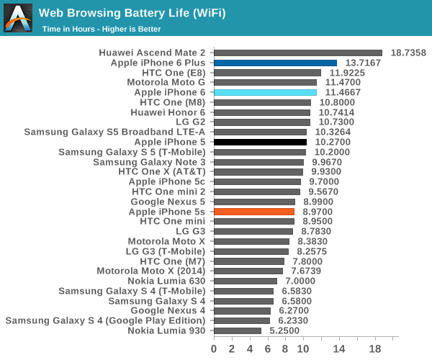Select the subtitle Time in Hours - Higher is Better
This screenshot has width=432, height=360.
tap(101, 30)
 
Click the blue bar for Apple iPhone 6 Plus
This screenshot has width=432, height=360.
tap(275, 63)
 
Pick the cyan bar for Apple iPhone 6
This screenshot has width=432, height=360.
tap(265, 92)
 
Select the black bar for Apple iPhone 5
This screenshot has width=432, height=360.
tap(260, 143)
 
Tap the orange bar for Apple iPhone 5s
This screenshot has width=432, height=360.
tap(254, 212)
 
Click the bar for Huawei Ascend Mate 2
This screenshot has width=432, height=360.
tap(297, 53)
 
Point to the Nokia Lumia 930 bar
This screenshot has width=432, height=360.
tap(238, 330)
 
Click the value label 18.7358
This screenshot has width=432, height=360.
tap(408, 53)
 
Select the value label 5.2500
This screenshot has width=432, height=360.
tap(284, 330)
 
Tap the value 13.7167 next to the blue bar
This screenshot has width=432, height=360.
tap(363, 63)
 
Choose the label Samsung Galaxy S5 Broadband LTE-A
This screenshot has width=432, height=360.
tap(114, 132)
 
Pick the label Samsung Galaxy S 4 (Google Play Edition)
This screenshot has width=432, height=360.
tap(105, 320)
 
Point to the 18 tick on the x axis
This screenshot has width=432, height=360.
tap(375, 349)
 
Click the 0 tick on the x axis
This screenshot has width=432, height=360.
tap(214, 349)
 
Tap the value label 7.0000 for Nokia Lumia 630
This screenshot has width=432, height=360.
tap(300, 281)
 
